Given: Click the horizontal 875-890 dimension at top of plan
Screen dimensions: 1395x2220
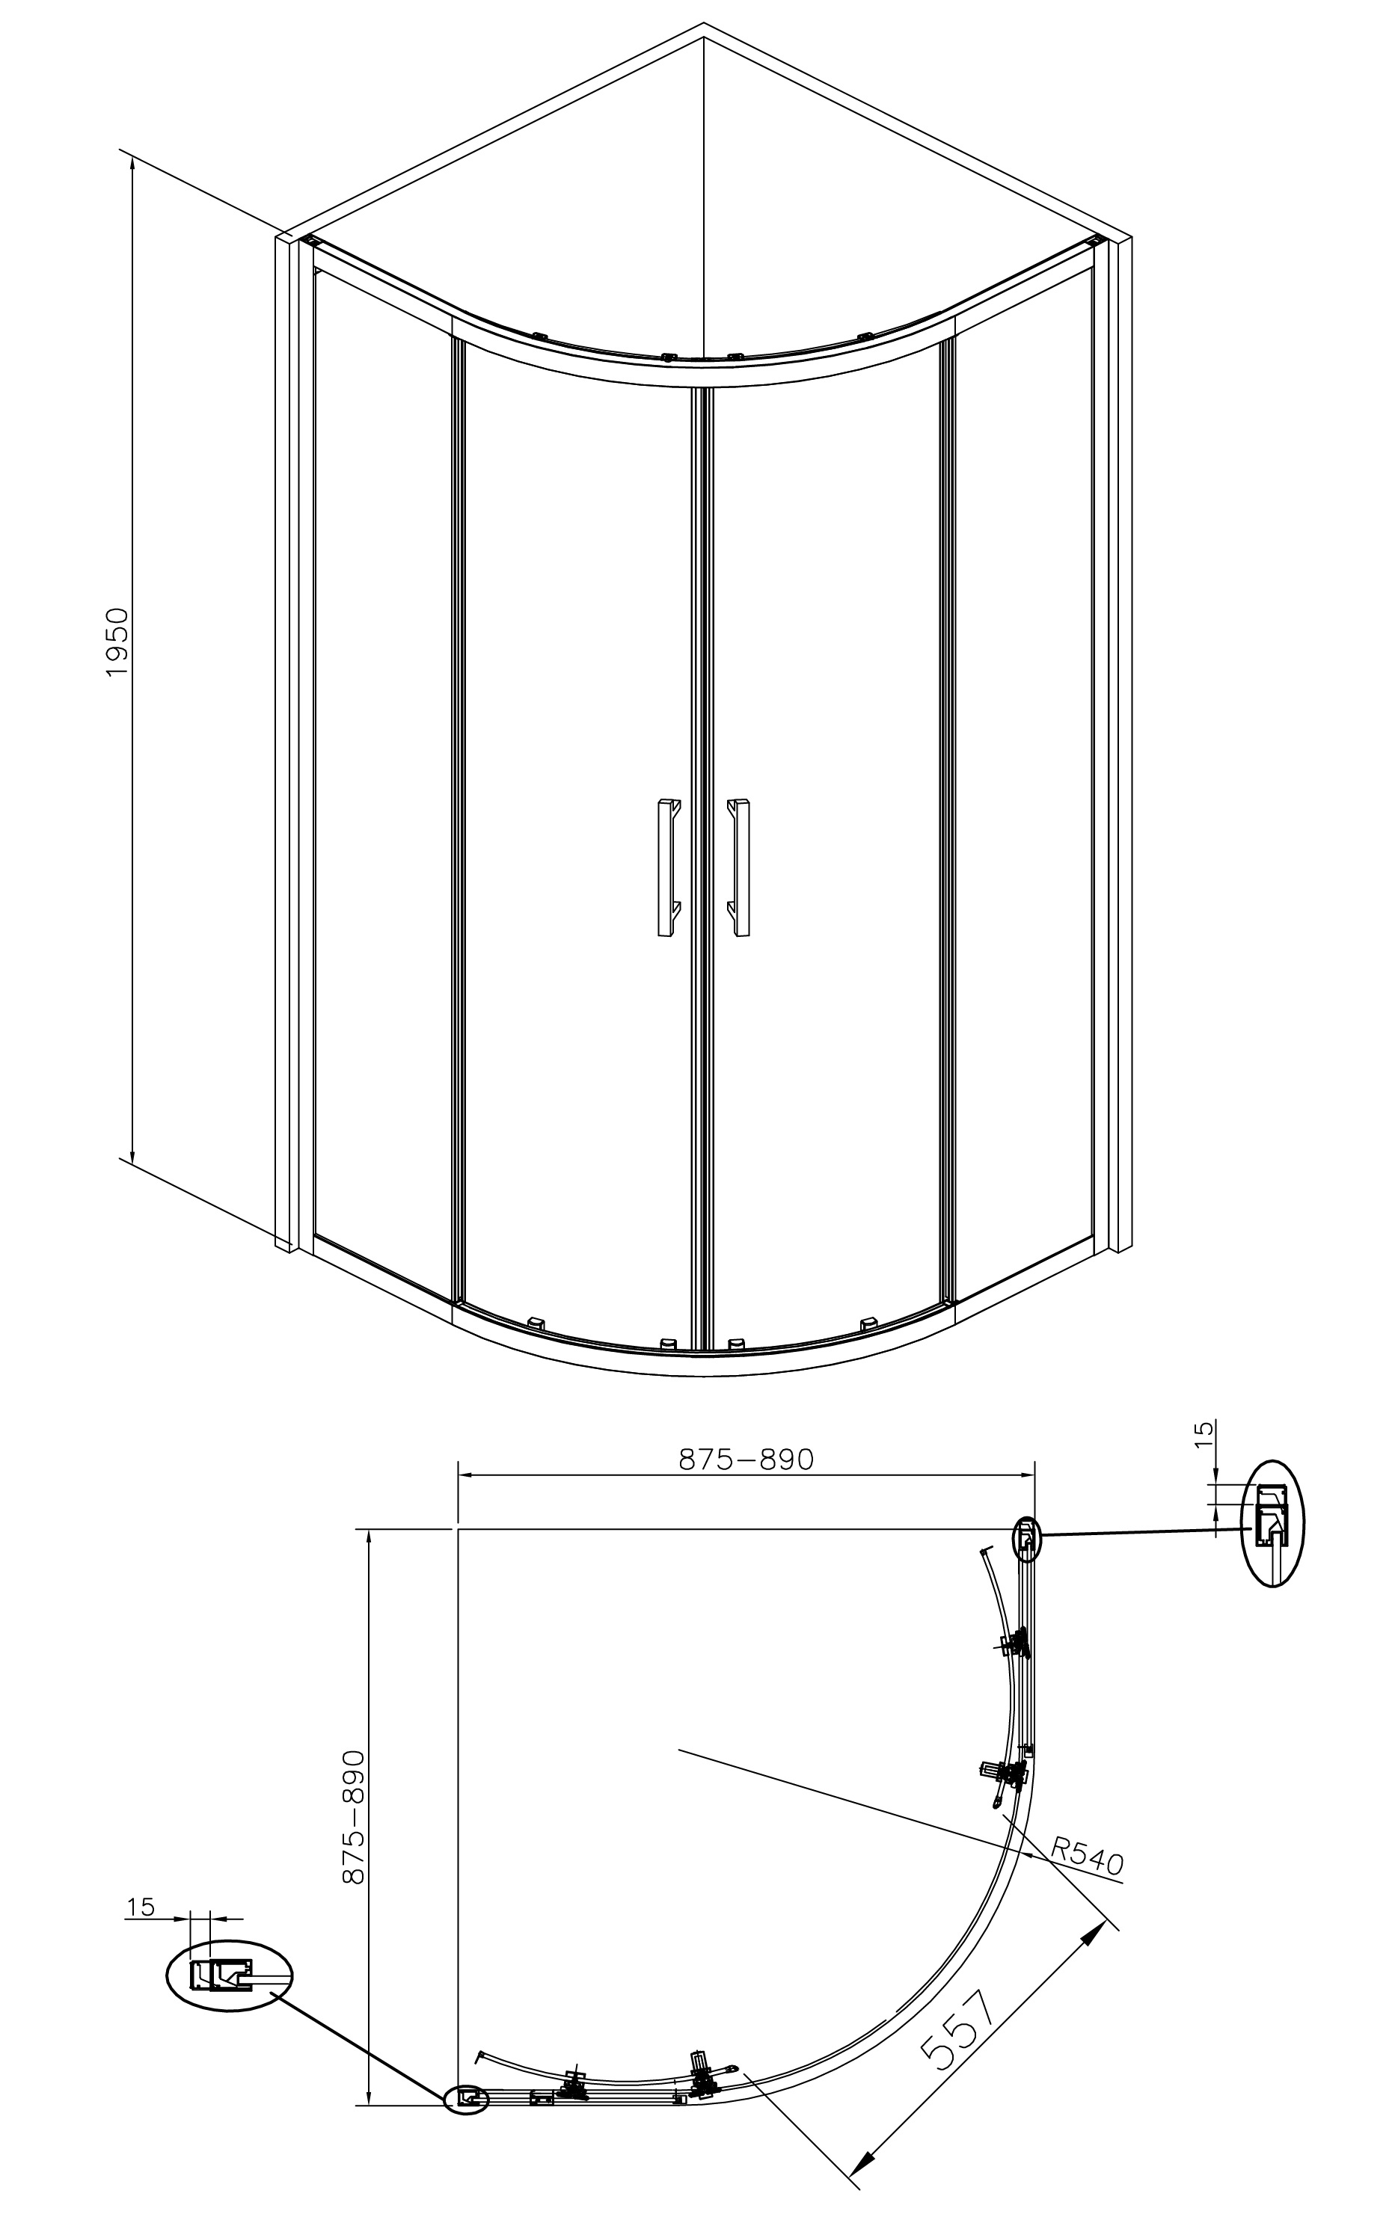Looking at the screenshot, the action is click(x=746, y=1460).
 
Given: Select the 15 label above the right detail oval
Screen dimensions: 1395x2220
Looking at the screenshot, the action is click(x=1204, y=1435).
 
